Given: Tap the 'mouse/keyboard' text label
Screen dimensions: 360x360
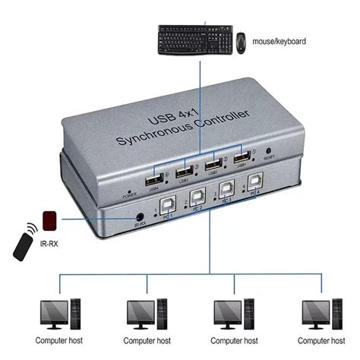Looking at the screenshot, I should click(x=278, y=39).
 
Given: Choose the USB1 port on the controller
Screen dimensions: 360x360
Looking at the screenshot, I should click(x=242, y=158).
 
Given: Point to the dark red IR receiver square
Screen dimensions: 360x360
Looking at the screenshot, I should click(x=52, y=219).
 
